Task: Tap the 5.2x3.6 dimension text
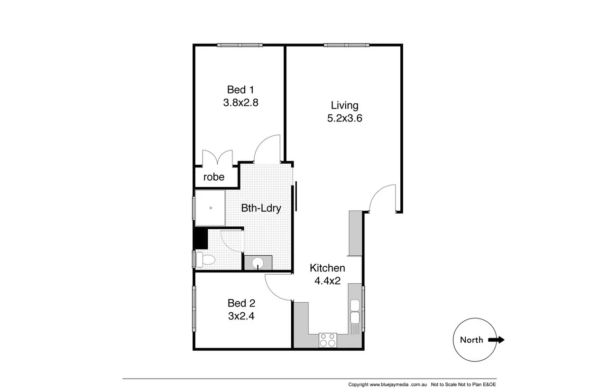pyautogui.click(x=344, y=118)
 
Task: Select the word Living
pyautogui.click(x=344, y=105)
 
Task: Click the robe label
pyautogui.click(x=213, y=177)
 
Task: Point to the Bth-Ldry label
pyautogui.click(x=261, y=208)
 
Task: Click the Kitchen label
pyautogui.click(x=327, y=268)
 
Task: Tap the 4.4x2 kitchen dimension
pyautogui.click(x=327, y=280)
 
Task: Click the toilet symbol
pyautogui.click(x=206, y=259)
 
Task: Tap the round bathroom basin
pyautogui.click(x=258, y=263)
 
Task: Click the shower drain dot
pyautogui.click(x=211, y=208)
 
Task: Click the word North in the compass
pyautogui.click(x=471, y=340)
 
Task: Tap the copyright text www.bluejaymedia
pyautogui.click(x=388, y=384)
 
